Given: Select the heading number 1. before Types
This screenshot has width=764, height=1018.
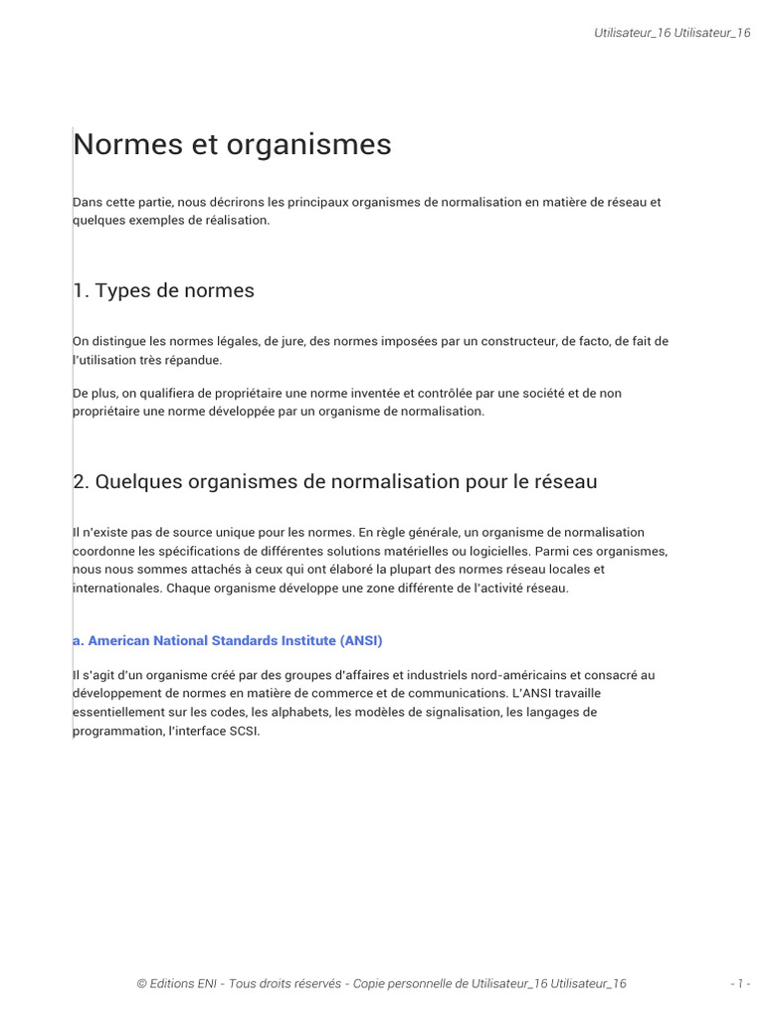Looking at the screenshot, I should (82, 290).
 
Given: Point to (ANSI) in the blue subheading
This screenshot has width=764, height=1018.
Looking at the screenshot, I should (360, 640).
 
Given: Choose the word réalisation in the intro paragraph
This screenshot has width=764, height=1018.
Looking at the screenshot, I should (236, 220).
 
